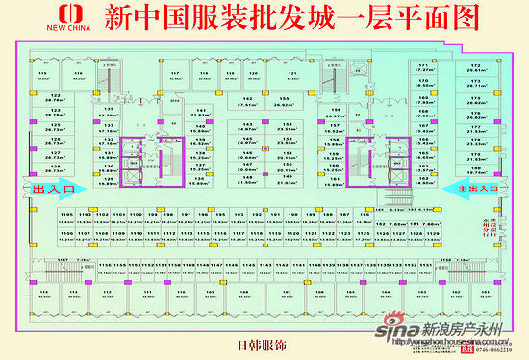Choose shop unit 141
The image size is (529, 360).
[x=201, y=115]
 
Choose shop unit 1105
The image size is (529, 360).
[x=66, y=217]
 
